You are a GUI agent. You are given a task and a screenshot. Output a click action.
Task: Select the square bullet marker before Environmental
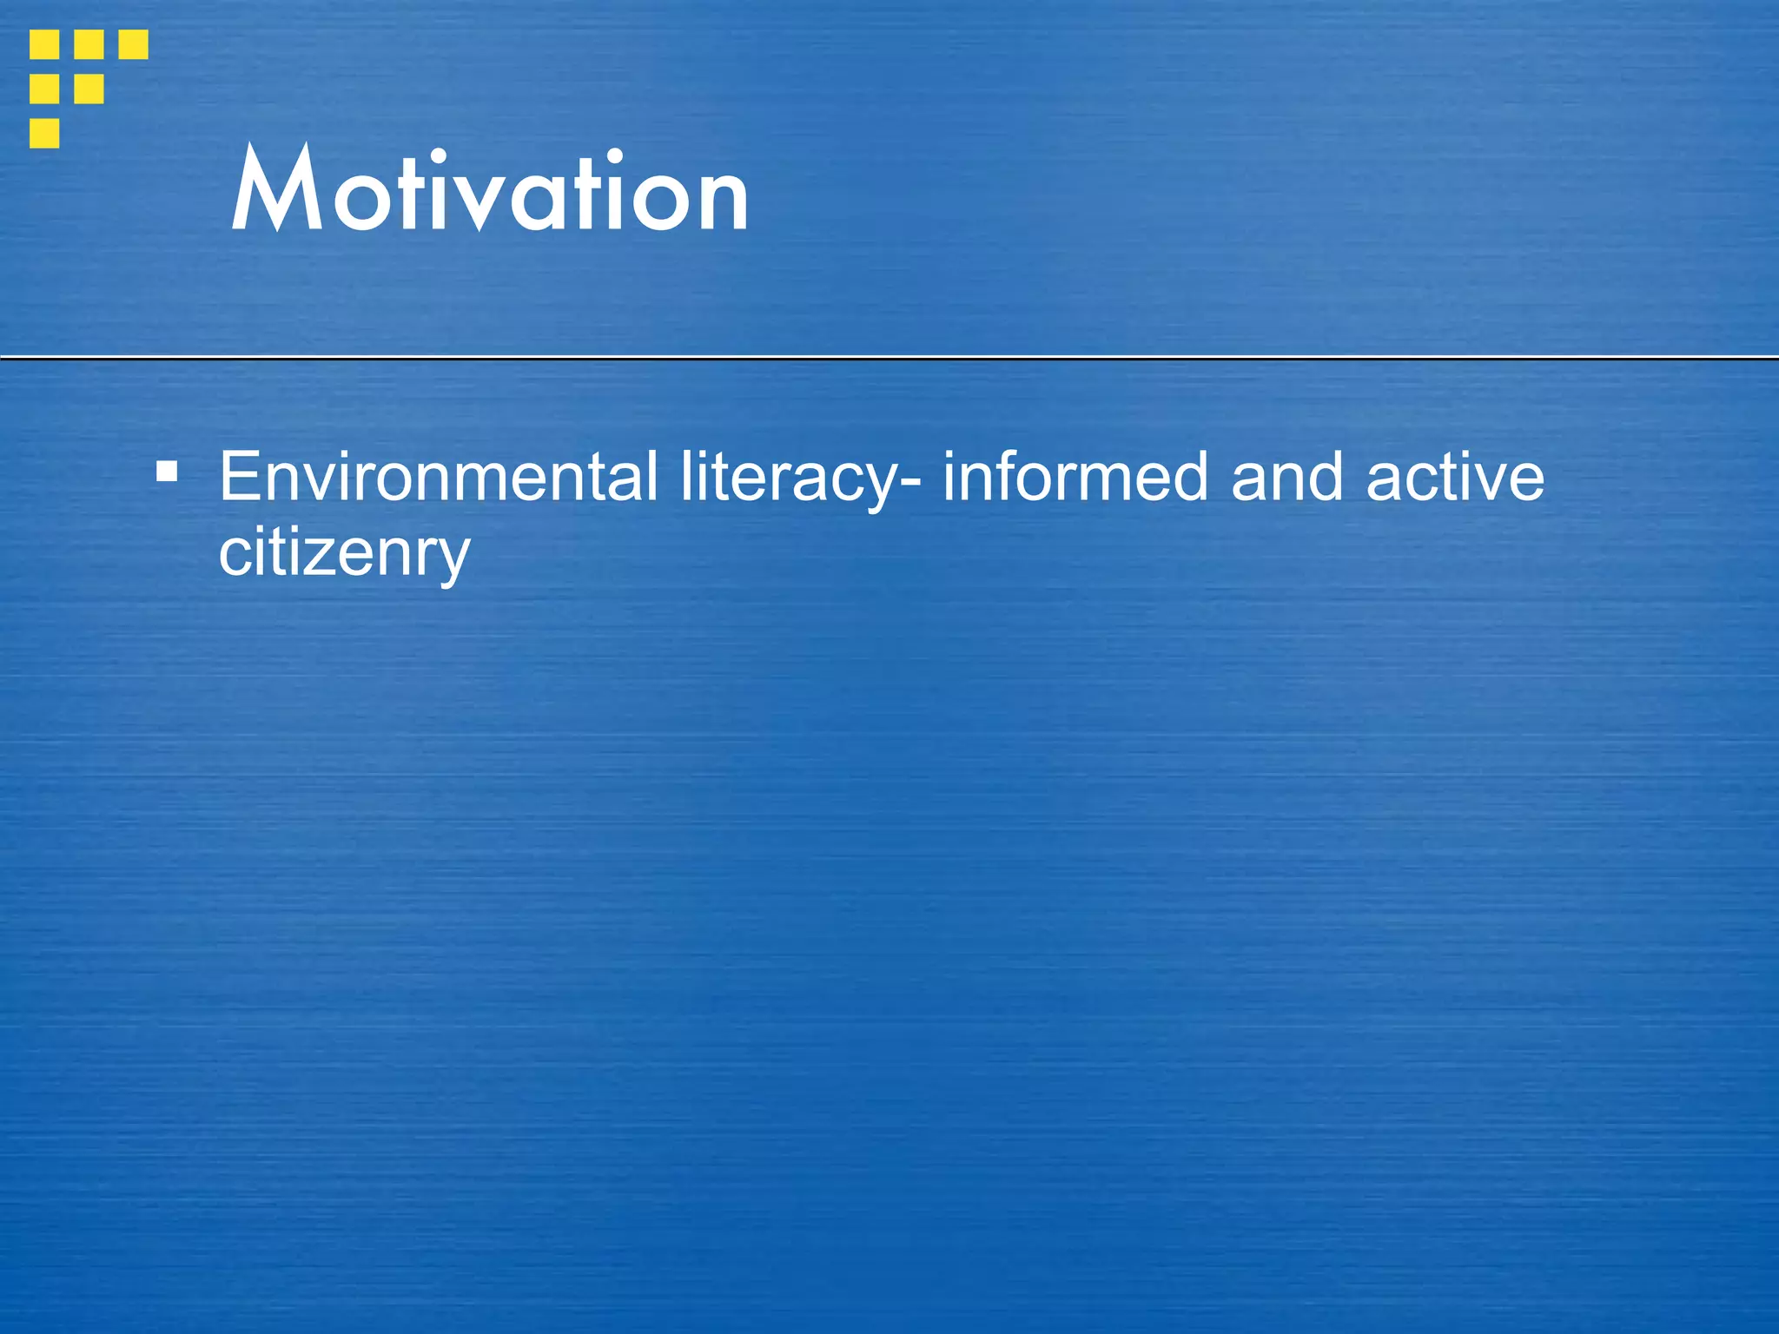click(x=167, y=472)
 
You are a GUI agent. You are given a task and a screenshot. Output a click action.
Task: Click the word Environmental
click(x=438, y=477)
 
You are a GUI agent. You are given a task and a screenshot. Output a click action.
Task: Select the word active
click(x=1455, y=477)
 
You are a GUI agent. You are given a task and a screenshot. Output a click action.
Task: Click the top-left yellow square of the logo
click(x=44, y=44)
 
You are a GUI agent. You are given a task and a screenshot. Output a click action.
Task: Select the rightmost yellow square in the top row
click(x=133, y=44)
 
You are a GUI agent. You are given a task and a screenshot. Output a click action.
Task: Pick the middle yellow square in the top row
click(x=89, y=44)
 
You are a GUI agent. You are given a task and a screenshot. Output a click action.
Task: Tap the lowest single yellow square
click(x=44, y=133)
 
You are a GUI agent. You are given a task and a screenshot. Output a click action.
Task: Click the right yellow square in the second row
click(x=89, y=89)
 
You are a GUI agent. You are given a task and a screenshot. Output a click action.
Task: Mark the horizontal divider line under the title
click(x=889, y=357)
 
